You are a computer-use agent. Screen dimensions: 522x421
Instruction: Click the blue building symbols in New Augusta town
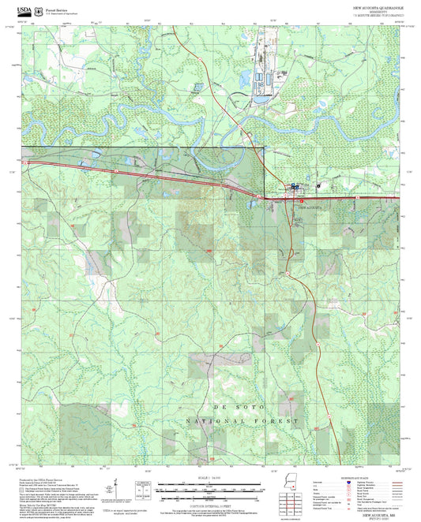coord(295,187)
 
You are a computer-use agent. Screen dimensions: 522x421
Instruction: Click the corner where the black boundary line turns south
coord(263,147)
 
